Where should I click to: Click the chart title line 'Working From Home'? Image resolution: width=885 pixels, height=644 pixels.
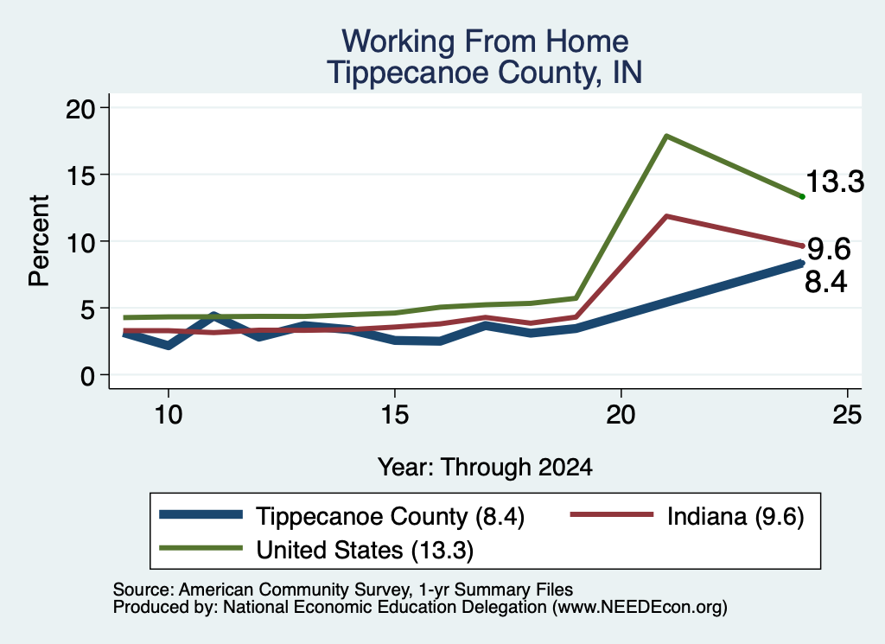pyautogui.click(x=485, y=41)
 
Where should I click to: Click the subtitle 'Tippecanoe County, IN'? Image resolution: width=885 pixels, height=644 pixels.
pyautogui.click(x=485, y=73)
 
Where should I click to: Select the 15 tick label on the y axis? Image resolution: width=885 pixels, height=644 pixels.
pyautogui.click(x=80, y=175)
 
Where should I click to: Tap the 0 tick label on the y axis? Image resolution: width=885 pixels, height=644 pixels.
pyautogui.click(x=87, y=376)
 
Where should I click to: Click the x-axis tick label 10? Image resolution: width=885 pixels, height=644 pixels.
pyautogui.click(x=169, y=415)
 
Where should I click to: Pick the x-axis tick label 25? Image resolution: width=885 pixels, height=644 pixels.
pyautogui.click(x=847, y=415)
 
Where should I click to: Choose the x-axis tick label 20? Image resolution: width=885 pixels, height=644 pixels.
pyautogui.click(x=621, y=415)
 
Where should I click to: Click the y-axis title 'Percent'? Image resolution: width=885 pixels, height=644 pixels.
pyautogui.click(x=39, y=240)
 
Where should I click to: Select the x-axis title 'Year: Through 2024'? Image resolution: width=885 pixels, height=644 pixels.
pyautogui.click(x=485, y=468)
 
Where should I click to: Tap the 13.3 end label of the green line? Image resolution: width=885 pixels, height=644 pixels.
pyautogui.click(x=835, y=182)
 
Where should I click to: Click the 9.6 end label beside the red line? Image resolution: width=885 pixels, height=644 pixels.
pyautogui.click(x=829, y=249)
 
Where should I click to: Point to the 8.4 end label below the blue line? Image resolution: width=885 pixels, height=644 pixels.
pyautogui.click(x=825, y=282)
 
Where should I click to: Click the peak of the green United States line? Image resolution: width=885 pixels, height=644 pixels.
pyautogui.click(x=666, y=136)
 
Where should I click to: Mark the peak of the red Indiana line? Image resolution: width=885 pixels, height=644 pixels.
pyautogui.click(x=666, y=216)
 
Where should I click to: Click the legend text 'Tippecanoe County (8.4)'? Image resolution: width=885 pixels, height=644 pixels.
pyautogui.click(x=390, y=516)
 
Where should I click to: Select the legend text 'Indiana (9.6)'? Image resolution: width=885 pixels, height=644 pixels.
pyautogui.click(x=735, y=516)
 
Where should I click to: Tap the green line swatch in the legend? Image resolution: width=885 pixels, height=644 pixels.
pyautogui.click(x=201, y=548)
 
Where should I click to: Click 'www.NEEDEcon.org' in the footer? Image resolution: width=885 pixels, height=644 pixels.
pyautogui.click(x=639, y=608)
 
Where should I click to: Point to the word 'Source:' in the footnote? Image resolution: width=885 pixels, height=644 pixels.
pyautogui.click(x=143, y=590)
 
